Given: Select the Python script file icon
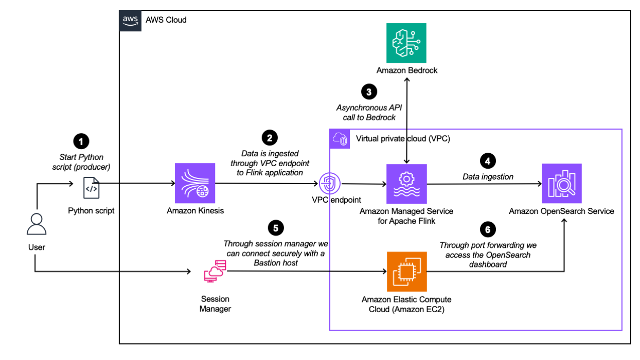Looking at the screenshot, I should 92,189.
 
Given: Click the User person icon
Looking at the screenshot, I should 37,224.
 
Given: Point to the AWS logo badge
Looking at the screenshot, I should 130,20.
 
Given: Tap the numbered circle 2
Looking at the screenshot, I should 270,137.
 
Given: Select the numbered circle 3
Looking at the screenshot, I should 369,92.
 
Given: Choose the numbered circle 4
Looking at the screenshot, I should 487,161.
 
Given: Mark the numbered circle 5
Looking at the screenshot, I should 276,227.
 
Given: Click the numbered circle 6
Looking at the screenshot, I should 487,228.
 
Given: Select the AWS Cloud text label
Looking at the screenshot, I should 166,20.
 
